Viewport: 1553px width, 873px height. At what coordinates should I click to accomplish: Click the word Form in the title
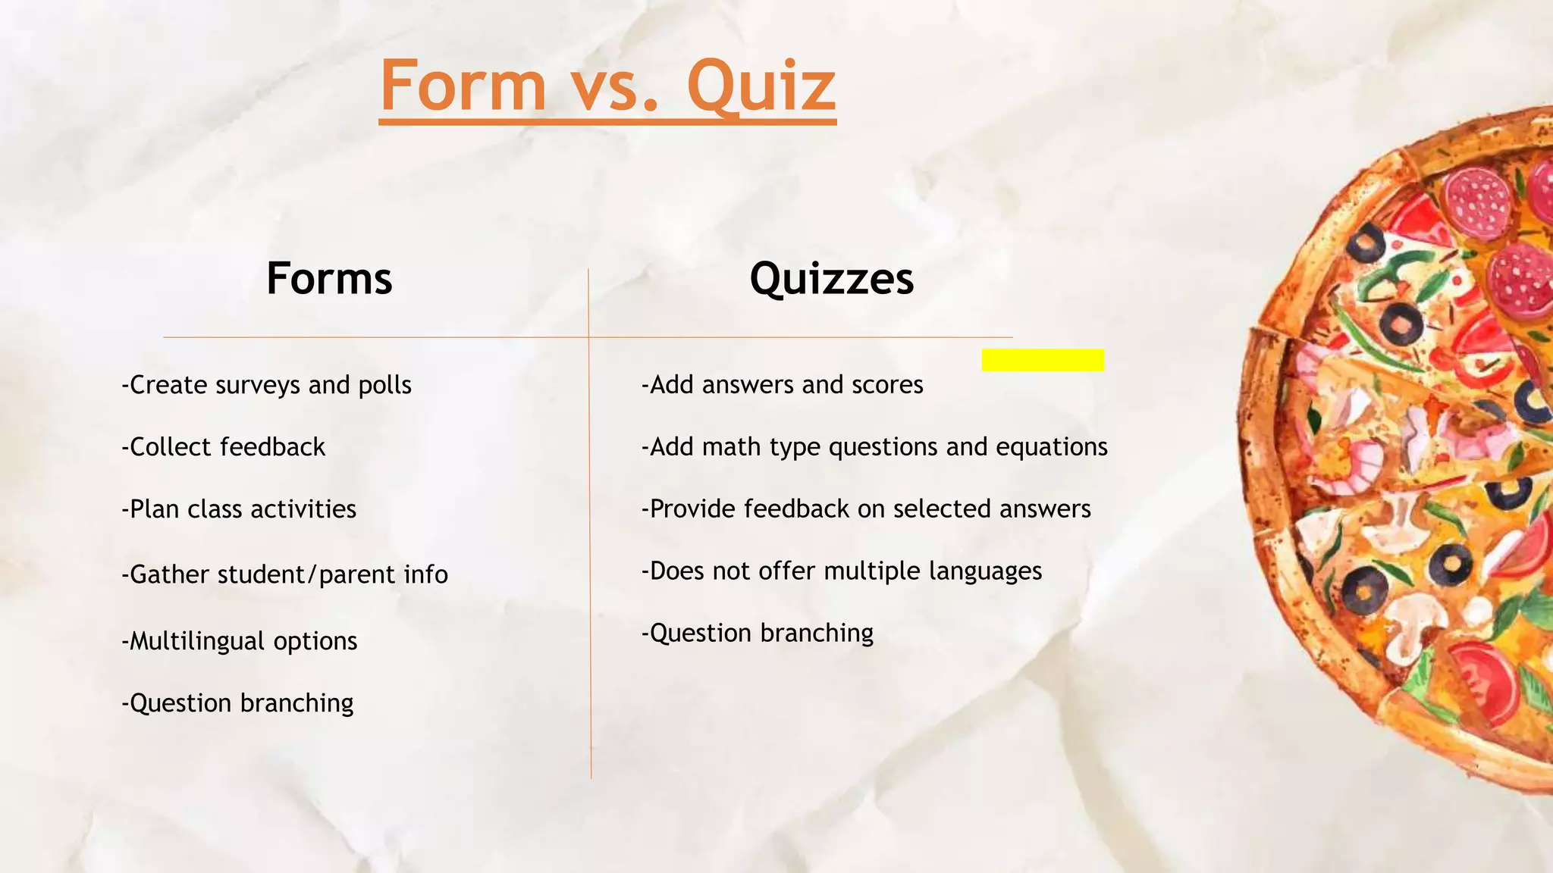pos(463,86)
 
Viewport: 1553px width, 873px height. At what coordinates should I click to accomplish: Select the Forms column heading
pos(329,279)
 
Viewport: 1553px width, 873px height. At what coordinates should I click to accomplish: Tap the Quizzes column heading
pos(832,279)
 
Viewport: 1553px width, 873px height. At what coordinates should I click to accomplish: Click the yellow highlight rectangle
pos(1043,360)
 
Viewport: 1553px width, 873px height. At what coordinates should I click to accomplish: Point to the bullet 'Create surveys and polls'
pos(267,385)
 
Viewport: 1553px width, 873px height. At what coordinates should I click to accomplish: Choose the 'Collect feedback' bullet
pos(224,447)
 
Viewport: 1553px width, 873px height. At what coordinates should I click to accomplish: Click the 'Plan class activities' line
pos(239,509)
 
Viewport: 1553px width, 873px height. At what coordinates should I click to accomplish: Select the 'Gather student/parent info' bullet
pos(285,574)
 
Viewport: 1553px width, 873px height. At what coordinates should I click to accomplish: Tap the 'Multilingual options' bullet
pos(240,641)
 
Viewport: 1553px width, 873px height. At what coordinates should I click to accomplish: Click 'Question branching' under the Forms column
pos(238,703)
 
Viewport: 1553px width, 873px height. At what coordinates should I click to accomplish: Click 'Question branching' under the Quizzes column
pos(758,633)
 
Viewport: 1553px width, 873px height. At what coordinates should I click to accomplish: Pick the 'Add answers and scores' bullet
pos(783,385)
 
